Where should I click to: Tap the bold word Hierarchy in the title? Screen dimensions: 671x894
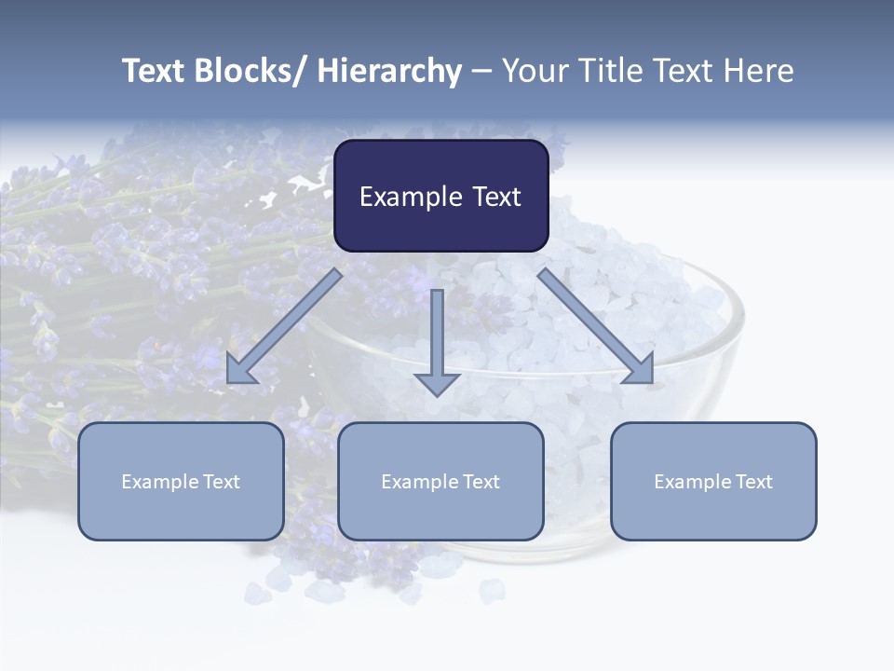tap(389, 71)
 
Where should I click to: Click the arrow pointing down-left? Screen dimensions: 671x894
tap(284, 326)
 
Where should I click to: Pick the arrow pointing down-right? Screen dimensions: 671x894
tap(596, 326)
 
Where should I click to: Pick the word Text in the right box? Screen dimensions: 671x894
tap(752, 482)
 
